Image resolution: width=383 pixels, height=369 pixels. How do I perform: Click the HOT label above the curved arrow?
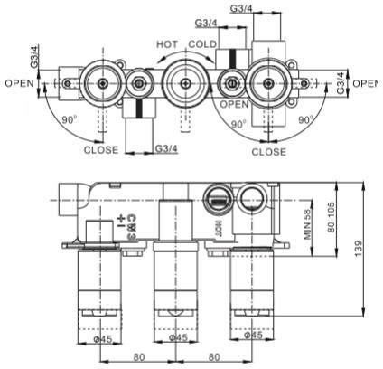tap(166, 44)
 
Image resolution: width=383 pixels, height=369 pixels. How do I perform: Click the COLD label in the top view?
tap(203, 44)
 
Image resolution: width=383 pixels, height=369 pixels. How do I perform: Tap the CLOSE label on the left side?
tap(100, 150)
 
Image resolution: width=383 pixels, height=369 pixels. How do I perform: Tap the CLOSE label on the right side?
tap(268, 152)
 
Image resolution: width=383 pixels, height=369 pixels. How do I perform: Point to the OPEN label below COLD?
tap(234, 105)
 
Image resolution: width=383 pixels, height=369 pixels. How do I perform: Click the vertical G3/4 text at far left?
tap(35, 59)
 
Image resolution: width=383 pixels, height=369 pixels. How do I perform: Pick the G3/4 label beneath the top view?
tap(164, 147)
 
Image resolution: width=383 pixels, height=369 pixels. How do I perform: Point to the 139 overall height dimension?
tap(359, 247)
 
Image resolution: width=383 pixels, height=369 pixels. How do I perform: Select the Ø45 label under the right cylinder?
tap(254, 336)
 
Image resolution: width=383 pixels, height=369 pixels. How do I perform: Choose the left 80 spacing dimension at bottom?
tap(138, 356)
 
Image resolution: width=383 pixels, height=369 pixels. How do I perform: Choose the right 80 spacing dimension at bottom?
tap(214, 356)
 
